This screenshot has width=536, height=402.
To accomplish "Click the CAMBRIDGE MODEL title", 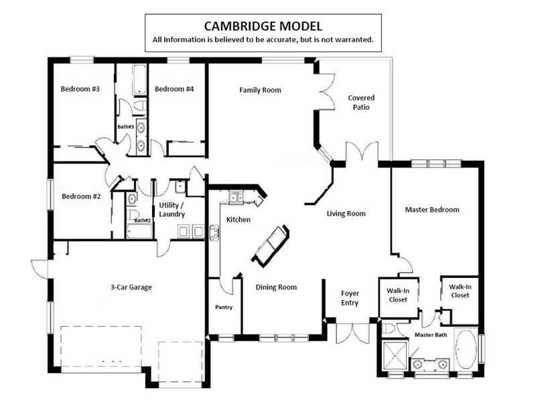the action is pos(263,26).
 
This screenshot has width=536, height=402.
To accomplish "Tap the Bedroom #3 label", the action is pos(80,89).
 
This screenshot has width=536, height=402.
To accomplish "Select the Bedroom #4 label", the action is pos(174,89).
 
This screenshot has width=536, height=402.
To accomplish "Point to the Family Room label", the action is pos(260,90).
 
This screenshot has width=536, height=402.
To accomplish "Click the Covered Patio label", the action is pos(361,103).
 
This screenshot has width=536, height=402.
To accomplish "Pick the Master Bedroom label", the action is pos(432,210).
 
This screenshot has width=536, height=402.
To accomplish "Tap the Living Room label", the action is pos(346,214).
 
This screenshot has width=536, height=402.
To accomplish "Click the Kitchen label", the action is pos(239,220).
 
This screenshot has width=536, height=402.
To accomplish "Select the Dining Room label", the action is pos(276,287).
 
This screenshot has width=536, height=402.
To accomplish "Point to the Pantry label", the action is pos(224,307).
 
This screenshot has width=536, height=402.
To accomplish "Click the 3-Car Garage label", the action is pos(131,287).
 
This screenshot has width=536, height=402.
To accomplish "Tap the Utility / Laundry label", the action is pos(172,210).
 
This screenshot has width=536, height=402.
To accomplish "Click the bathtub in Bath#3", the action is pos(139,79).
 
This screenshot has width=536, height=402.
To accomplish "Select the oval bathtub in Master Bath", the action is pos(466,349).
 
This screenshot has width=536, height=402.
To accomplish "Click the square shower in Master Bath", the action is pos(395,356).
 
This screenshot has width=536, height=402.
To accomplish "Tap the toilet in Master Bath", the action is pos(389,328).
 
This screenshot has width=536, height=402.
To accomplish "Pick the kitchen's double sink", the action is pos(237,198).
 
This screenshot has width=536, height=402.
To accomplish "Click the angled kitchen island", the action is pos(271,245).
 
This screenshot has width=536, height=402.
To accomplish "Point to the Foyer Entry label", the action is pos(350,298).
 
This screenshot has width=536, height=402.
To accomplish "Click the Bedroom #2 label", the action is pos(81,196).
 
